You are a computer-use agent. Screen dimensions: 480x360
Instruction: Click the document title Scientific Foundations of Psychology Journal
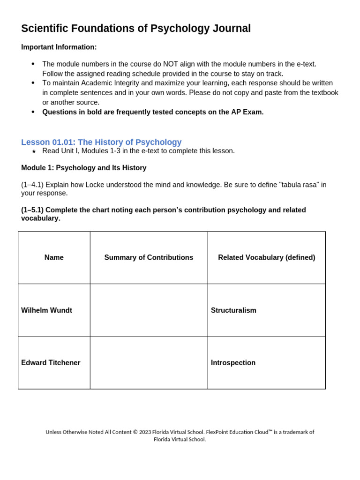point(136,29)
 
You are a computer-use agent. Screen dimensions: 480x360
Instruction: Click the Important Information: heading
point(59,47)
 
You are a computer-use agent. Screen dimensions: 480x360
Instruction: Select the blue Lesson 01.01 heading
point(101,142)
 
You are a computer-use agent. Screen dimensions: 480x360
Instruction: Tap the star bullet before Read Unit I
point(33,151)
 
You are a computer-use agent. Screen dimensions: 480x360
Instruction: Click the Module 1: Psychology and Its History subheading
point(84,168)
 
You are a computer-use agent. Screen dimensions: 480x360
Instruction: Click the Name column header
point(54,257)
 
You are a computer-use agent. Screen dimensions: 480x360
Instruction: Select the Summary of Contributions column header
point(149,257)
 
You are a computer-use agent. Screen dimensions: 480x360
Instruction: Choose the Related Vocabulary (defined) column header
point(266,257)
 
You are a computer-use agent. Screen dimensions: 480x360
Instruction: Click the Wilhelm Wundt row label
point(47,310)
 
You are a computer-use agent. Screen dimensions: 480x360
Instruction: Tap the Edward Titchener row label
point(51,363)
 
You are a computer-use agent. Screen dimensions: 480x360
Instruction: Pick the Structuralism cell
point(233,310)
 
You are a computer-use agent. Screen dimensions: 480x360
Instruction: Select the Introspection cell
point(233,363)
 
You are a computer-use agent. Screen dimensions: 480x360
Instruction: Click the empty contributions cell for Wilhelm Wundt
point(149,310)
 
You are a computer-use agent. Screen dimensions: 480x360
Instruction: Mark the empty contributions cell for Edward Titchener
point(149,363)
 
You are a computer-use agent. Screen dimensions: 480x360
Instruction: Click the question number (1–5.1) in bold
point(32,210)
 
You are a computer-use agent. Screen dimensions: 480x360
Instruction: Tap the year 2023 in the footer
point(146,432)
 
